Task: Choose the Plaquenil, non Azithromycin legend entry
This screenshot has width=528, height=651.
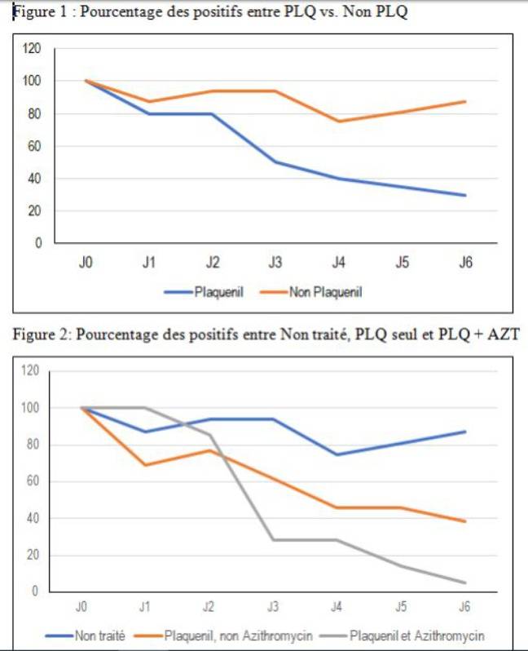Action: (x=237, y=635)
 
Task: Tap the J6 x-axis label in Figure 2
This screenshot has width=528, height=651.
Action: (x=465, y=609)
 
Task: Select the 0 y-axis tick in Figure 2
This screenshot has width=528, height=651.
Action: (x=35, y=592)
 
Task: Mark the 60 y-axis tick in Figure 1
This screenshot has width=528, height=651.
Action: (x=33, y=146)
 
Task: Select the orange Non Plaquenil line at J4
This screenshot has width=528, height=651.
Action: (x=338, y=122)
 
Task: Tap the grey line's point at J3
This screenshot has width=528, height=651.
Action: (x=273, y=539)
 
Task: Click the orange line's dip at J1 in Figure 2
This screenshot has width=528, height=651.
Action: (x=145, y=465)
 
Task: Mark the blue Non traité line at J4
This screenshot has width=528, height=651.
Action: (x=337, y=454)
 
